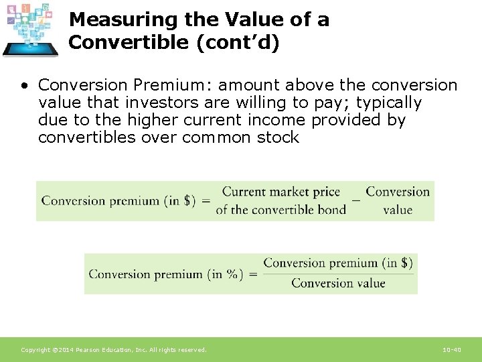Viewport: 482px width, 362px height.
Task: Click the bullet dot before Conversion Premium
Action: click(24, 86)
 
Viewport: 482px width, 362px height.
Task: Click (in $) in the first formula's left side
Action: click(179, 200)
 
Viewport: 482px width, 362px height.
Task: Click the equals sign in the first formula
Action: click(206, 200)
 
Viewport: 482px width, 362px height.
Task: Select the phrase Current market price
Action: click(281, 192)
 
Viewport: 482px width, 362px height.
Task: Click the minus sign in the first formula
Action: click(355, 199)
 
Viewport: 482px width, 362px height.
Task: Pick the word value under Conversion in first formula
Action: click(398, 209)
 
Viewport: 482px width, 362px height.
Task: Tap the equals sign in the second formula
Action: click(252, 274)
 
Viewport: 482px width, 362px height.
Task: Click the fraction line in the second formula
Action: click(338, 273)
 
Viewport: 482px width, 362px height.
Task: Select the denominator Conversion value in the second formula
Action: click(338, 283)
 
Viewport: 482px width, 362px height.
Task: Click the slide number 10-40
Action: click(452, 350)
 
